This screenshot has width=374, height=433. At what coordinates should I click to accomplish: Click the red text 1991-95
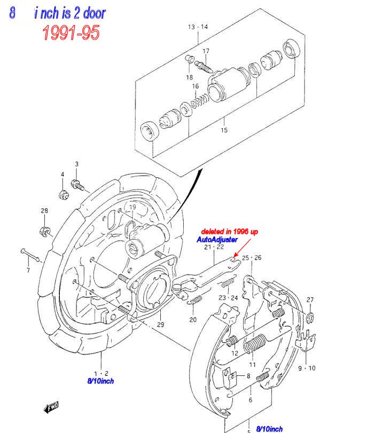click(71, 33)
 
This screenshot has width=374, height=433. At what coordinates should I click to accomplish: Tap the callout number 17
click(206, 51)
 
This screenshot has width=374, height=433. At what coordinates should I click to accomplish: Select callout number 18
click(189, 77)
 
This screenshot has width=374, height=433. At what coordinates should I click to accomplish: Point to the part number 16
click(196, 86)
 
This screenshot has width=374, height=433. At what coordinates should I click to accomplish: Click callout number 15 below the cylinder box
click(224, 130)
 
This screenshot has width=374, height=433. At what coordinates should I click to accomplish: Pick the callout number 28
click(44, 211)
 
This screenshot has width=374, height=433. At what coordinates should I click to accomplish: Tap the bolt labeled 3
click(77, 185)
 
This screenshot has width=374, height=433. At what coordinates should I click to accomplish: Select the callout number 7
click(28, 270)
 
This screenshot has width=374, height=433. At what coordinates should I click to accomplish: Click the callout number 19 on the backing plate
click(133, 207)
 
